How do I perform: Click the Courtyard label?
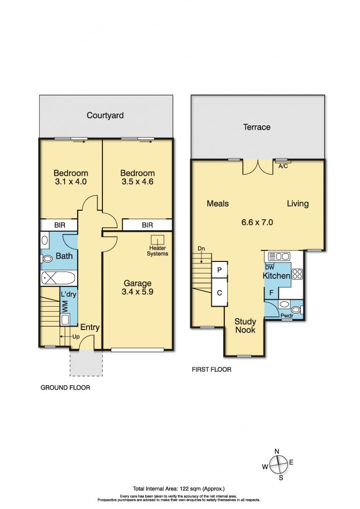pyautogui.click(x=105, y=115)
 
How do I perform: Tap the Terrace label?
pyautogui.click(x=257, y=127)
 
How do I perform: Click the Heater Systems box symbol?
pyautogui.click(x=158, y=240)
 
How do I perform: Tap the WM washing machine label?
pyautogui.click(x=65, y=306)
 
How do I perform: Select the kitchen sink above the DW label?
pyautogui.click(x=279, y=256)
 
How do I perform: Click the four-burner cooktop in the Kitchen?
pyautogui.click(x=297, y=273)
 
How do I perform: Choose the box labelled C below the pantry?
pyautogui.click(x=219, y=292)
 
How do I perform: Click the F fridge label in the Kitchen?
pyautogui.click(x=271, y=293)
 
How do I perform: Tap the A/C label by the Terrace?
pyautogui.click(x=284, y=167)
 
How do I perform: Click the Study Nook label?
pyautogui.click(x=245, y=325)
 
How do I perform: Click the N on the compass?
pyautogui.click(x=277, y=451)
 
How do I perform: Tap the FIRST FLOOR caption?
pyautogui.click(x=211, y=370)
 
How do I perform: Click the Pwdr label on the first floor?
pyautogui.click(x=286, y=315)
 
